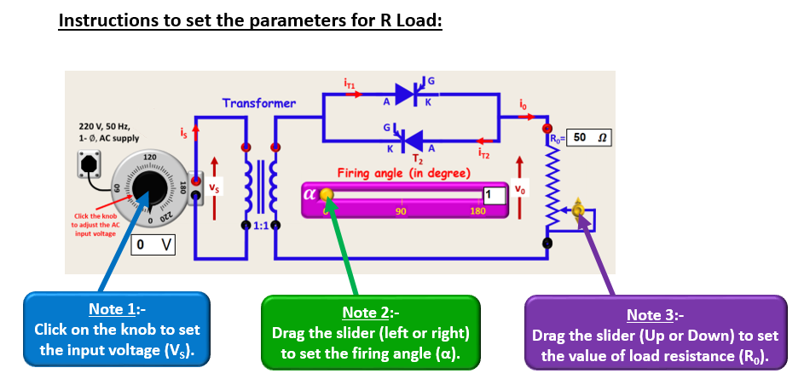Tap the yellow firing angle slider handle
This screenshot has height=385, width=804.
tap(326, 196)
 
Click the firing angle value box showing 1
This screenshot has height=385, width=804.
tap(494, 194)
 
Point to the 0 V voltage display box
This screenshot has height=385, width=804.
tap(154, 245)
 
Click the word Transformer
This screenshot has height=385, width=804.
tap(258, 103)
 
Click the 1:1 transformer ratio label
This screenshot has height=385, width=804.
tap(260, 224)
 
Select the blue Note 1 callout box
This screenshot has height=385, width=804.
tap(116, 330)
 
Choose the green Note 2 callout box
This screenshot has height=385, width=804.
tap(370, 332)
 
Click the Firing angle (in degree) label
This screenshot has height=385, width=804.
tap(403, 173)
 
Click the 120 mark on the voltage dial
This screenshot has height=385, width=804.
tap(149, 158)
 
